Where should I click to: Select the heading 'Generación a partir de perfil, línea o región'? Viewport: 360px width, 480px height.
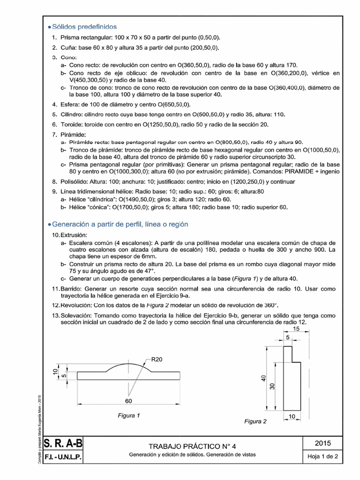(117, 224)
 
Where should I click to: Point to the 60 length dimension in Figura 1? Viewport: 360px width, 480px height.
(128, 400)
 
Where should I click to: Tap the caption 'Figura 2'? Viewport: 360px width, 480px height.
(255, 421)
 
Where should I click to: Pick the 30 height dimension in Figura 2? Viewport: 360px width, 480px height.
(272, 386)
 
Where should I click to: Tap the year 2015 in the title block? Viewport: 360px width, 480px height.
(323, 442)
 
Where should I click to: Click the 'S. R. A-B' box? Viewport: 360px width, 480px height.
(62, 442)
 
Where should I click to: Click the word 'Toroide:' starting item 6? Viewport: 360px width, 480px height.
(74, 124)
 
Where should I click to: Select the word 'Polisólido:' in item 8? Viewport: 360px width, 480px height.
(77, 182)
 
